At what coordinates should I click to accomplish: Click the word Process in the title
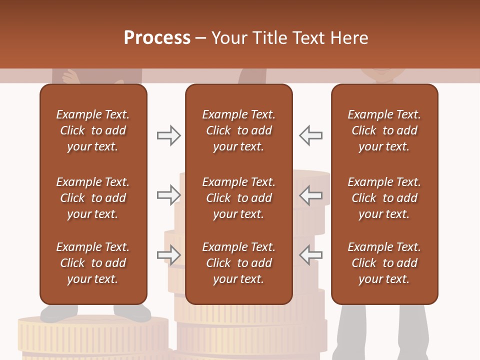[157, 38]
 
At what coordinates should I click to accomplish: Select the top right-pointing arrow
[168, 135]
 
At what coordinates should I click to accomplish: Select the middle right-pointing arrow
[168, 195]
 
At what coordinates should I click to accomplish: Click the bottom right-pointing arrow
[168, 255]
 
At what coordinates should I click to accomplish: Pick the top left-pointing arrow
[311, 135]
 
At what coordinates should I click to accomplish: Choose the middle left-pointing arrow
[311, 195]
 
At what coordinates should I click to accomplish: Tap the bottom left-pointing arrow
[311, 255]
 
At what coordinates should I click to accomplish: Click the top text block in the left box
[93, 130]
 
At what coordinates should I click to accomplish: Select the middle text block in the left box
[93, 198]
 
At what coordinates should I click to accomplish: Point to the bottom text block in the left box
[93, 263]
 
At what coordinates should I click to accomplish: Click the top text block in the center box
[238, 130]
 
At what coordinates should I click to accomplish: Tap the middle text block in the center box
[238, 198]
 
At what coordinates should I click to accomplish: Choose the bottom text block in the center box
[238, 263]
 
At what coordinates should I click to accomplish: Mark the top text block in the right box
[384, 130]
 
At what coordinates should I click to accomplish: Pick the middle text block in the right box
[384, 198]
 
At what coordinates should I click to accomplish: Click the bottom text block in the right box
[384, 263]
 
